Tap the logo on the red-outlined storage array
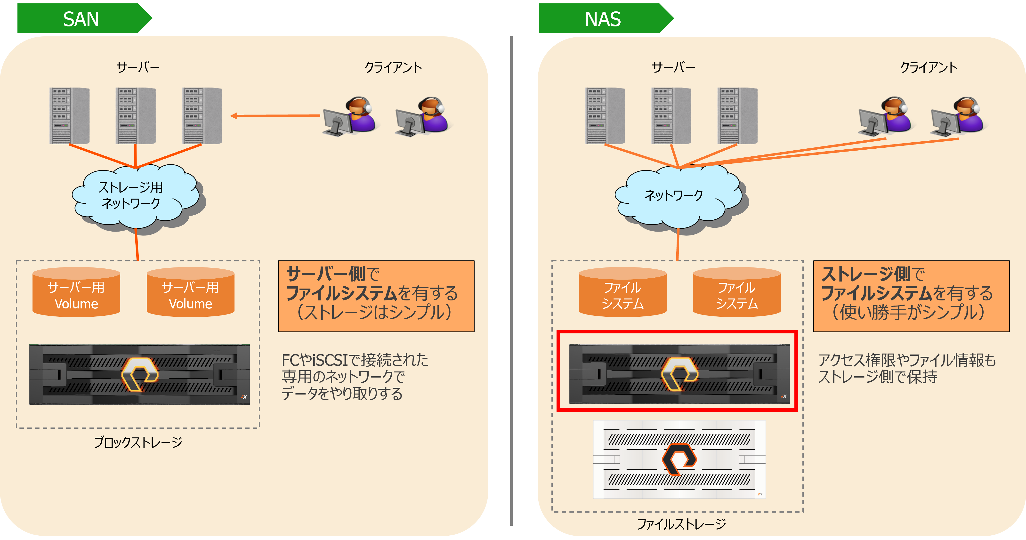click(679, 374)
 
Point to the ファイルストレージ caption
click(681, 524)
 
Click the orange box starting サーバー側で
click(376, 296)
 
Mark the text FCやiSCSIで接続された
click(355, 360)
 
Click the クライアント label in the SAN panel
click(393, 67)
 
